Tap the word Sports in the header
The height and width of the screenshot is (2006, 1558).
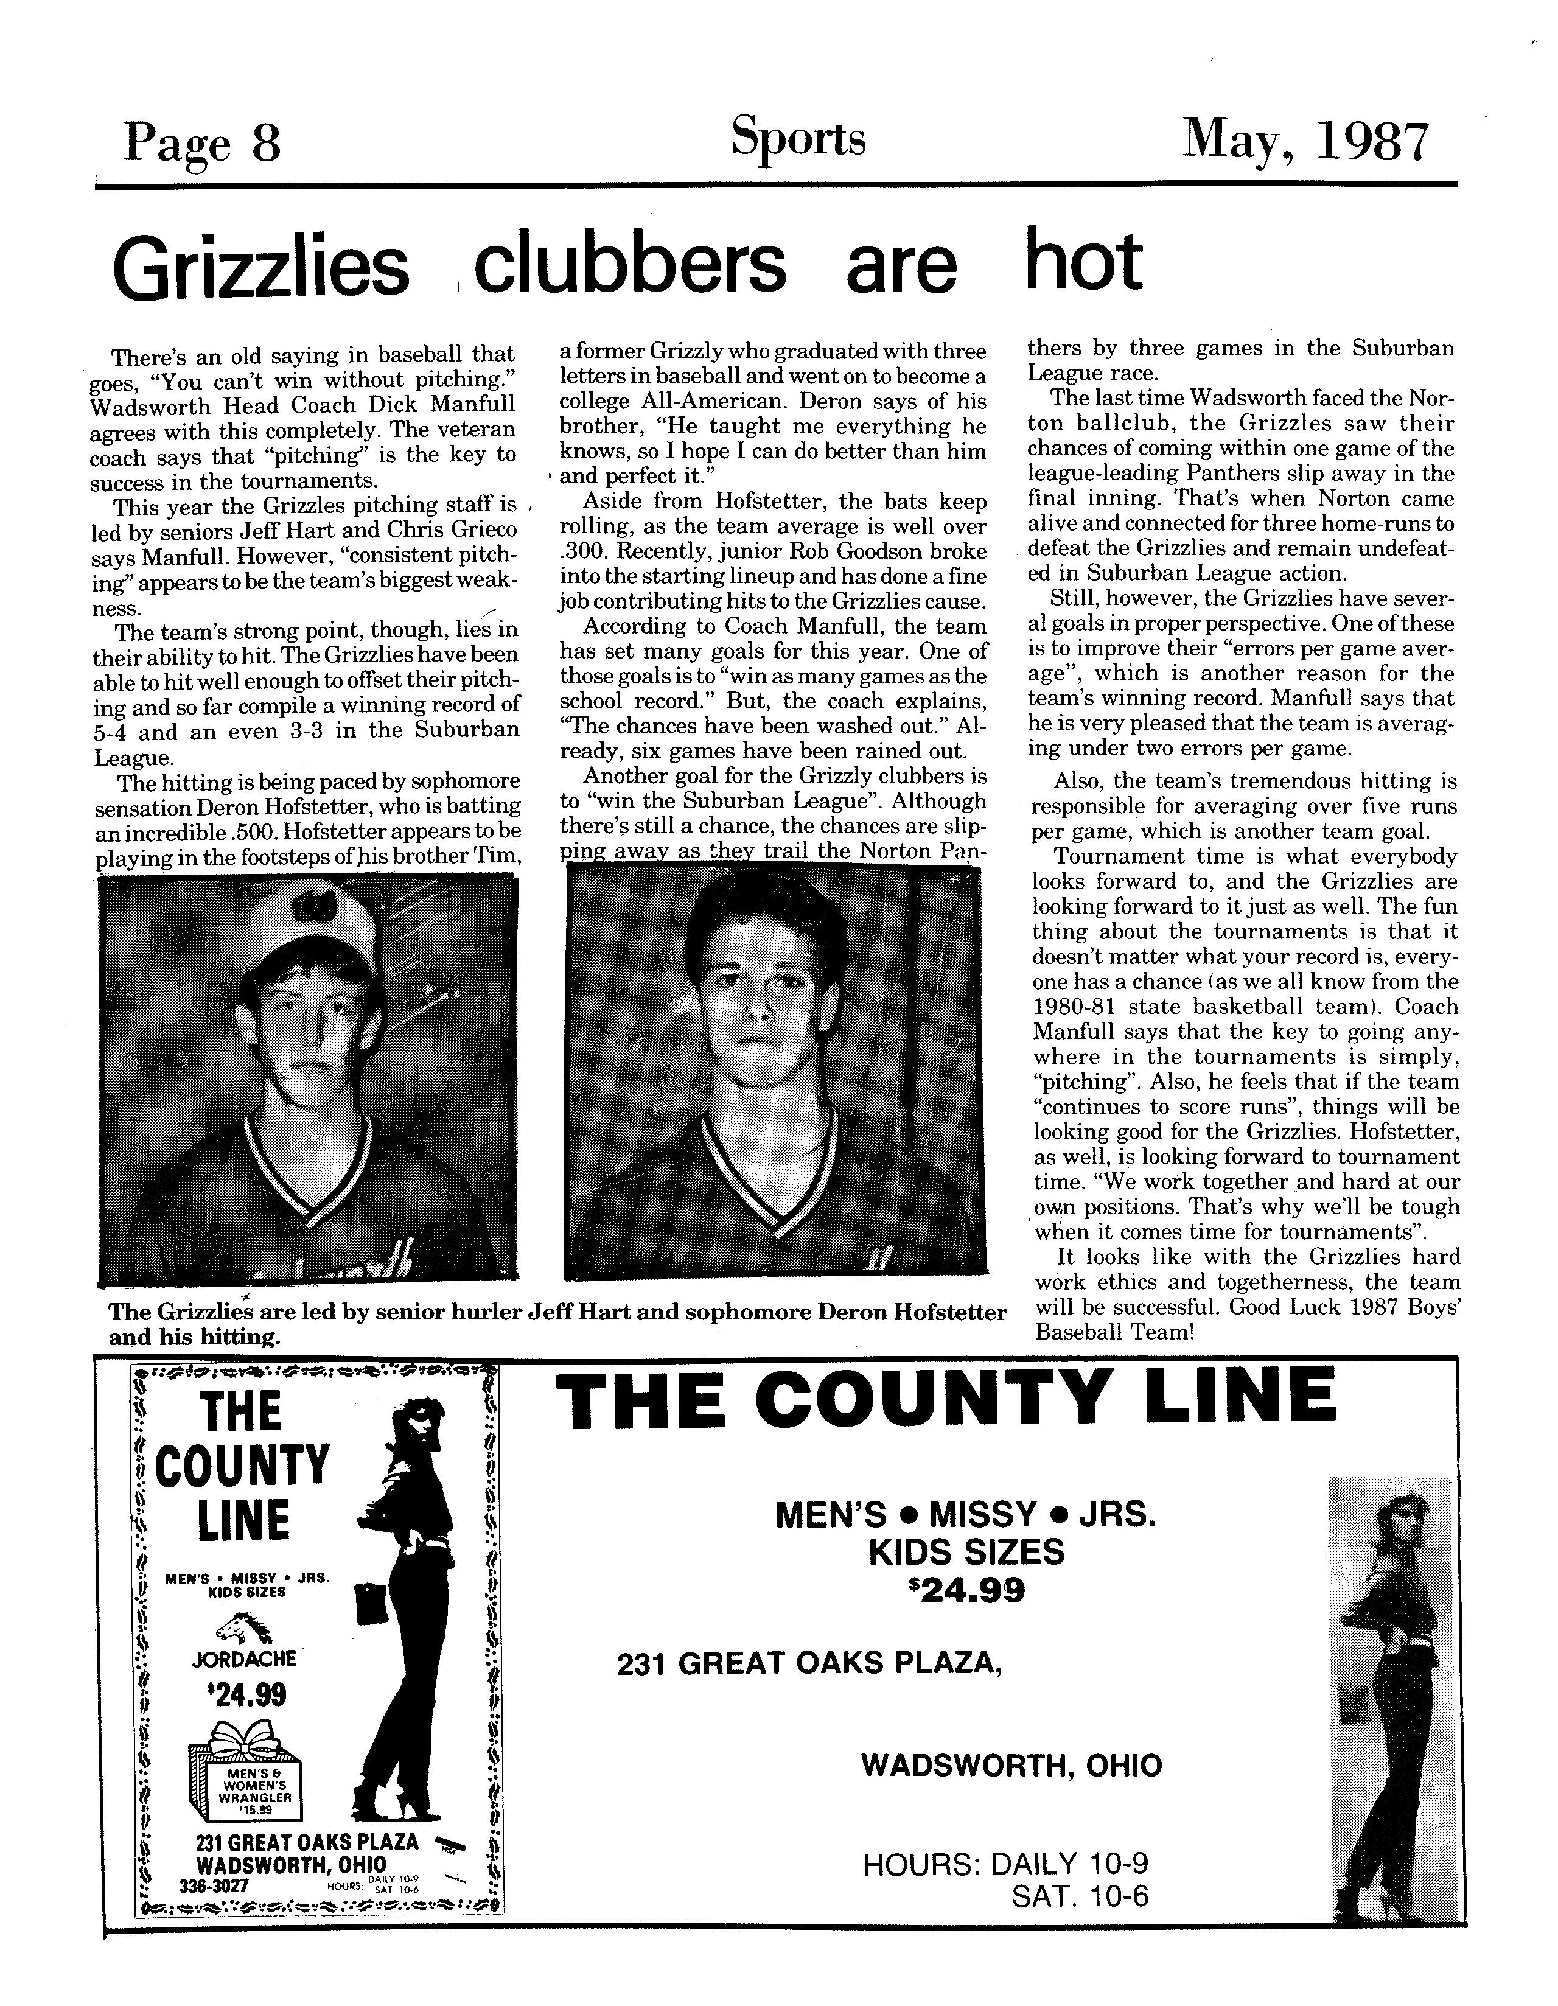click(797, 139)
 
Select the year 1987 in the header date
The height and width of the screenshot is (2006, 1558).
click(1374, 142)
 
